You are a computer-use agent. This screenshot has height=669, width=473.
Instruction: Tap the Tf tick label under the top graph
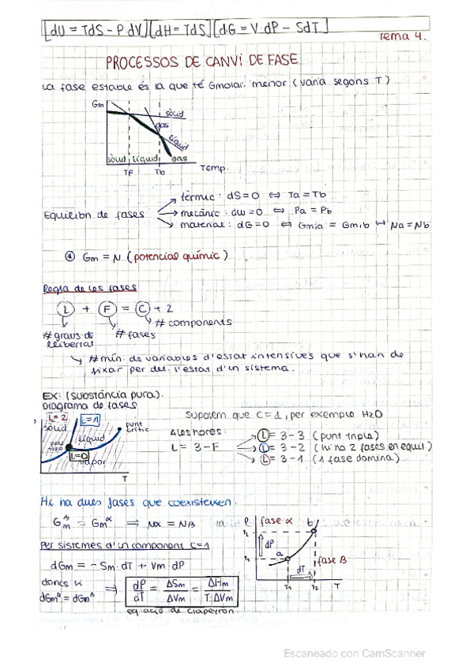(130, 172)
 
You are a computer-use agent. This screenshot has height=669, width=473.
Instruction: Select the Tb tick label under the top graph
(160, 172)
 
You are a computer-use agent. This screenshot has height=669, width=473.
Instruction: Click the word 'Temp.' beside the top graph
(212, 168)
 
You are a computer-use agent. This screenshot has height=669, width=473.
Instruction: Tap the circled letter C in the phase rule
(143, 309)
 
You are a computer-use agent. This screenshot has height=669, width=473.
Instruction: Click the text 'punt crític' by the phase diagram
(134, 427)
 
